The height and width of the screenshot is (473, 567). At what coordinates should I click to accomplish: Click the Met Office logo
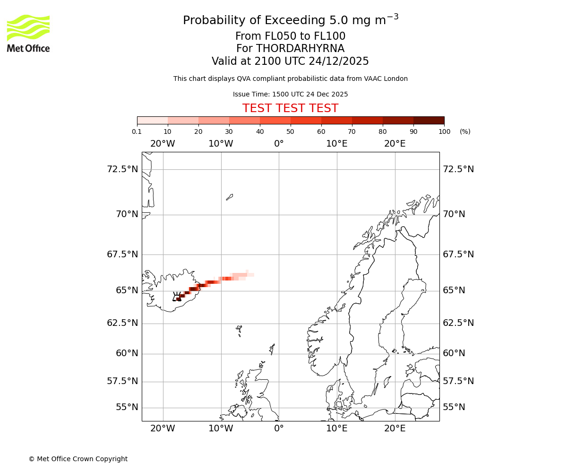pyautogui.click(x=28, y=33)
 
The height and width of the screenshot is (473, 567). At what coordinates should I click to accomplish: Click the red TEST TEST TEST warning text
pyautogui.click(x=290, y=108)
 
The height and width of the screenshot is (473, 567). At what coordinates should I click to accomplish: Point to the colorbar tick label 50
pyautogui.click(x=291, y=131)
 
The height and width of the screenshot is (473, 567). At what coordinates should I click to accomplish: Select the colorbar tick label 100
pyautogui.click(x=444, y=131)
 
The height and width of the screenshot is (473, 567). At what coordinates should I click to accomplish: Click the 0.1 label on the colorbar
pyautogui.click(x=137, y=131)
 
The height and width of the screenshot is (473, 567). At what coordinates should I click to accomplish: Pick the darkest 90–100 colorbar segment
pyautogui.click(x=429, y=120)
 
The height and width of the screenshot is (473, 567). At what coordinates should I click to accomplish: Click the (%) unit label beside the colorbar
pyautogui.click(x=465, y=131)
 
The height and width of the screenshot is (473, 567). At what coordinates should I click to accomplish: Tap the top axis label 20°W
pyautogui.click(x=163, y=144)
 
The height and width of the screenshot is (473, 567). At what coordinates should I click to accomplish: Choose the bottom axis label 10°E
pyautogui.click(x=337, y=429)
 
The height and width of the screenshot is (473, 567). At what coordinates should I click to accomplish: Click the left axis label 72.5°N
pyautogui.click(x=122, y=169)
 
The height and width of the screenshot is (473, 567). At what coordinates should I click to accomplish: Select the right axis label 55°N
pyautogui.click(x=454, y=407)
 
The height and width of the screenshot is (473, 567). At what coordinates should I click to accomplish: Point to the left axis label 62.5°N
pyautogui.click(x=122, y=323)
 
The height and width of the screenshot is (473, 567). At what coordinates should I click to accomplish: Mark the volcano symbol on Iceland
pyautogui.click(x=177, y=297)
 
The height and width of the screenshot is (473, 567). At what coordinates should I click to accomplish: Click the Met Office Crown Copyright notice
pyautogui.click(x=78, y=459)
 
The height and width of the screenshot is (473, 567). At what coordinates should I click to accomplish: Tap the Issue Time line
pyautogui.click(x=290, y=94)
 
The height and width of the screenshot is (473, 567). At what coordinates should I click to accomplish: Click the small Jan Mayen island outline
pyautogui.click(x=229, y=197)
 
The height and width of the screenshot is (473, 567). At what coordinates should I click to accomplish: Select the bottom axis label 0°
pyautogui.click(x=279, y=429)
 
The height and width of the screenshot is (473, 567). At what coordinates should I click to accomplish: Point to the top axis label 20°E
pyautogui.click(x=395, y=144)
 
